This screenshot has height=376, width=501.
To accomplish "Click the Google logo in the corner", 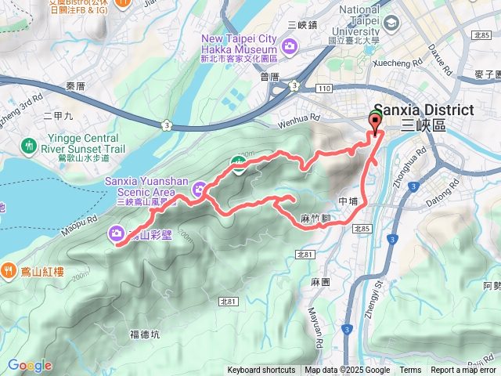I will tap(30, 365).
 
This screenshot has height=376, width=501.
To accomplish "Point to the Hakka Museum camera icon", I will tap(290, 47).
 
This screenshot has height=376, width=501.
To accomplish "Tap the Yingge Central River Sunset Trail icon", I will tap(29, 145).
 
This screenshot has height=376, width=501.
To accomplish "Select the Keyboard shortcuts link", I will tap(261, 371).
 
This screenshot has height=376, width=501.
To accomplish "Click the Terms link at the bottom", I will tap(410, 371).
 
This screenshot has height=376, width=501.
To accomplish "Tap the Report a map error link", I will tap(463, 371).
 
